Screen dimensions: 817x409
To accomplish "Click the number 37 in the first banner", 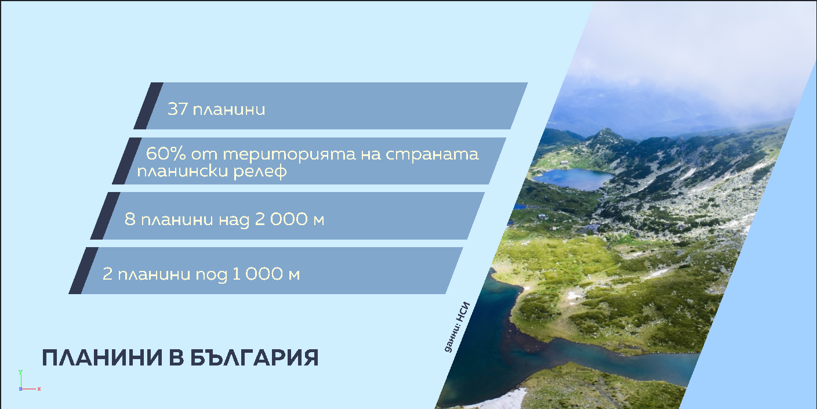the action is point(177,109).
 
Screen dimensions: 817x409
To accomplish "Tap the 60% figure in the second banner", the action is point(166,154).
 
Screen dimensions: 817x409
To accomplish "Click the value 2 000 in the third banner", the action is point(281,219).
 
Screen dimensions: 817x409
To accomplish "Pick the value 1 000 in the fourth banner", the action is point(257,274).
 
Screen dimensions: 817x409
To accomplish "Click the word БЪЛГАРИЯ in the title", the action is point(255,357).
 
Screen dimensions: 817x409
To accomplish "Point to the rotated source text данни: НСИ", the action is point(457,327).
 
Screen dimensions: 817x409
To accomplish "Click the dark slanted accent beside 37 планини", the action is point(148,106).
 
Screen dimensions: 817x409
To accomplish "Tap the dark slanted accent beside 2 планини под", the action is point(83,270).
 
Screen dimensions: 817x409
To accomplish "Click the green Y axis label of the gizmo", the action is point(20,372).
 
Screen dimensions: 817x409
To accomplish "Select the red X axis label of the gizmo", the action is point(39,389).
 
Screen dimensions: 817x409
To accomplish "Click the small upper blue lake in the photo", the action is point(573,179).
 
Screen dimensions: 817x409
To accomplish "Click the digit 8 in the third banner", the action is point(130,219).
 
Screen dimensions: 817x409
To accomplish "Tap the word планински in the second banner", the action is point(183,172).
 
